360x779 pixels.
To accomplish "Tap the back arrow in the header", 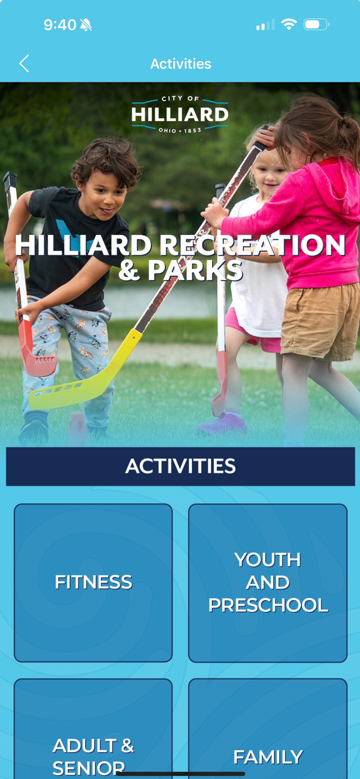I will pos(24,63).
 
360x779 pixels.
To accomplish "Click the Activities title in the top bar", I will pos(181,63).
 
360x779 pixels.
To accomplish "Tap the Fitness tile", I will pos(93,582).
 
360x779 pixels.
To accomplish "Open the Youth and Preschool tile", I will pos(268,582).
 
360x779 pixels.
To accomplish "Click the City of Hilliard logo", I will pos(180,114).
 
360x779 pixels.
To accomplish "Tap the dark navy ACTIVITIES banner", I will pos(180,466).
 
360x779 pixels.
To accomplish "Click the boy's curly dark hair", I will pos(106,158).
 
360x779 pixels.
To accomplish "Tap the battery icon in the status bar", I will pos(316,24).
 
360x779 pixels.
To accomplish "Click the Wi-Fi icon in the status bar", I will pos(288,24).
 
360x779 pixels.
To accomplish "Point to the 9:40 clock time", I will pos(60,24).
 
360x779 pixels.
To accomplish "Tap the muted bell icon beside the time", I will pos(86,24).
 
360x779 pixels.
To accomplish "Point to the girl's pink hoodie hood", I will pos(338,182).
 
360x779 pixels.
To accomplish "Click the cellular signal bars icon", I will pos(265,24).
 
